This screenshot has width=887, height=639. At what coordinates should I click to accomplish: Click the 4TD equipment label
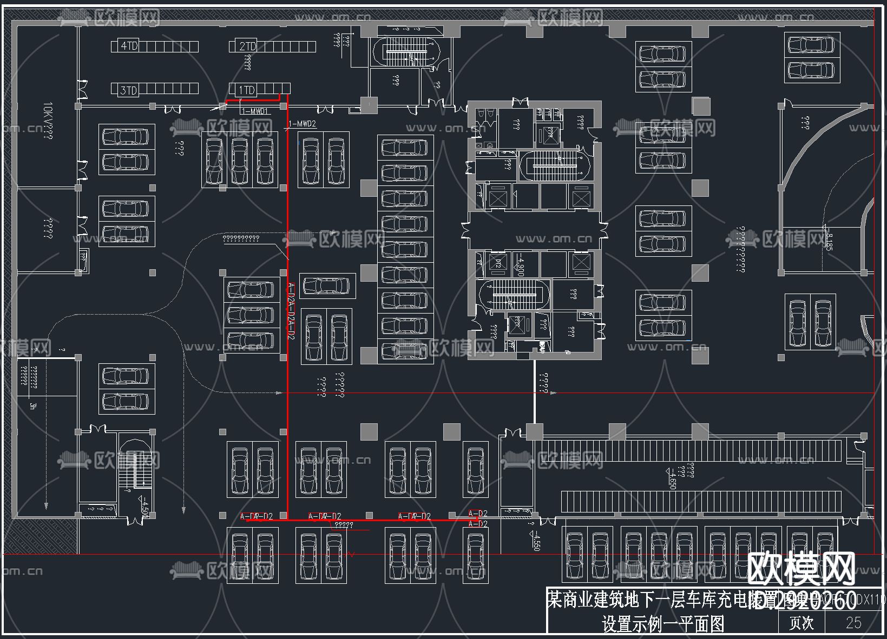(129, 46)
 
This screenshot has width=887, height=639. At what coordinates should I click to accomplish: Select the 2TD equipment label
(247, 46)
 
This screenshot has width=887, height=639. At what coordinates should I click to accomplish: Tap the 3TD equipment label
(129, 90)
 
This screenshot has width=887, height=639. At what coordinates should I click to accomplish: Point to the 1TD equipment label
(247, 90)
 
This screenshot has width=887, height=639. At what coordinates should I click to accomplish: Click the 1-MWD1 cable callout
(255, 111)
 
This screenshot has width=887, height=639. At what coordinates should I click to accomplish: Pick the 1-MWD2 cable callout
(303, 124)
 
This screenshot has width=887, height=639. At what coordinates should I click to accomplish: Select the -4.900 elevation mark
(521, 264)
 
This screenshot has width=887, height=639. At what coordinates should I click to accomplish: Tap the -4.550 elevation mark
(536, 541)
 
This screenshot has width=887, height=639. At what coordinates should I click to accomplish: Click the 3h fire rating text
(32, 405)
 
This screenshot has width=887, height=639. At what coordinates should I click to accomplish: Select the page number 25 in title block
(853, 623)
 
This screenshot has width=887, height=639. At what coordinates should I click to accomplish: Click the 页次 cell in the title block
(801, 623)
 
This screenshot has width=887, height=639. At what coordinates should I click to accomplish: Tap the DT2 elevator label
(498, 264)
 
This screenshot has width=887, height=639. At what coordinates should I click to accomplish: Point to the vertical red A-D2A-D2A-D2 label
(291, 311)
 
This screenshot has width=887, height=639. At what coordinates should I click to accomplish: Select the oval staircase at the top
(409, 52)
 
